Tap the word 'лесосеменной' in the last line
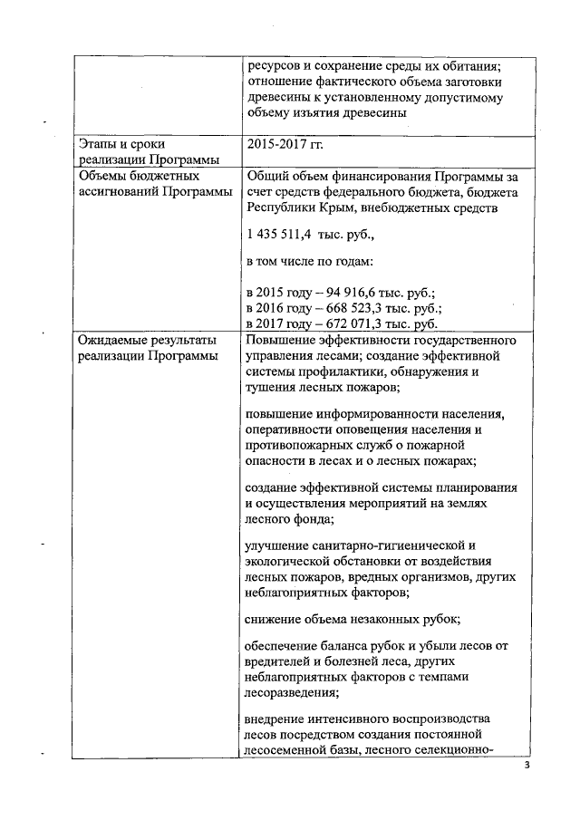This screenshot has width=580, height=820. tap(290, 750)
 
